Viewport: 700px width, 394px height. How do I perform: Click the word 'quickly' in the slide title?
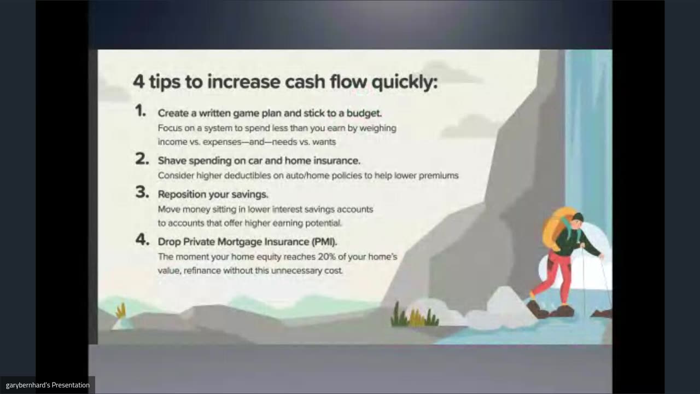tap(405, 82)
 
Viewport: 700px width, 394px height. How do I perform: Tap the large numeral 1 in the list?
tap(141, 111)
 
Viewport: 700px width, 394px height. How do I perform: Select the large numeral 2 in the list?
tap(142, 159)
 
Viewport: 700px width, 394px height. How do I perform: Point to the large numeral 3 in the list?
tap(142, 192)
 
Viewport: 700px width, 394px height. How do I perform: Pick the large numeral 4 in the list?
tap(143, 240)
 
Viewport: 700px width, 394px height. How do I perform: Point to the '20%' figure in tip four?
tap(326, 257)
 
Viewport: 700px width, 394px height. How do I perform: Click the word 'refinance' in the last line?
tap(202, 270)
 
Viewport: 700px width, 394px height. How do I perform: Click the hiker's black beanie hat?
tap(578, 217)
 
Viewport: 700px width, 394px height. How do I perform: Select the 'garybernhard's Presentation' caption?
tap(48, 385)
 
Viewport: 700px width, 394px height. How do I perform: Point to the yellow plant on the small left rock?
tap(121, 311)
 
